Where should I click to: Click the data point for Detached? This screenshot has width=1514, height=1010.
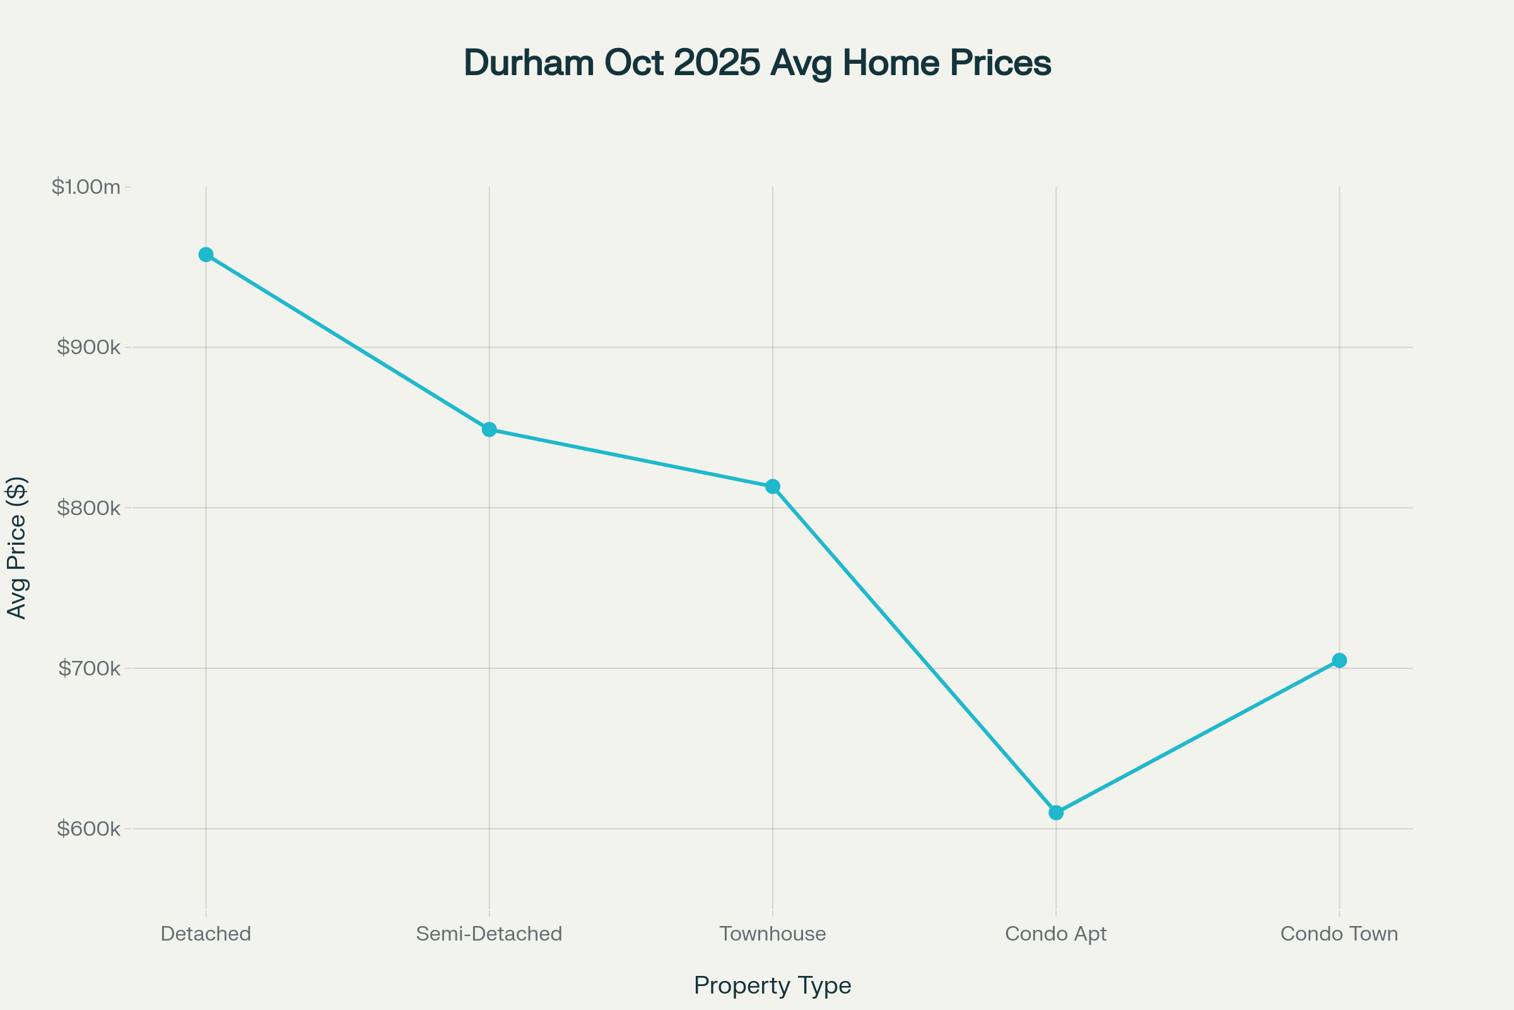click(206, 254)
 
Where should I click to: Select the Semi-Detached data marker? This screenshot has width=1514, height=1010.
click(490, 430)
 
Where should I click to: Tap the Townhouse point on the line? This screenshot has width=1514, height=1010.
click(772, 486)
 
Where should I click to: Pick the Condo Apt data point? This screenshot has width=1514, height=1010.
click(1055, 812)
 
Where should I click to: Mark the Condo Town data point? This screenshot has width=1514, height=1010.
click(1339, 660)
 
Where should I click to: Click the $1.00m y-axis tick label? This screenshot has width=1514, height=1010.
click(86, 187)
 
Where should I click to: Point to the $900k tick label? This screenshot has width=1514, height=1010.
click(89, 347)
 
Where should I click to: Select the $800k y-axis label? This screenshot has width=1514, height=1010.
click(89, 508)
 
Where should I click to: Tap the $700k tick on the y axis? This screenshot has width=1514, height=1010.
click(90, 668)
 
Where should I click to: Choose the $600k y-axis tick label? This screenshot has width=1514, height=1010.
click(89, 828)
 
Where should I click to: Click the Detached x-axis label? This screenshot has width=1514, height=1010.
click(206, 934)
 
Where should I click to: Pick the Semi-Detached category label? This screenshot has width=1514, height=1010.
click(490, 934)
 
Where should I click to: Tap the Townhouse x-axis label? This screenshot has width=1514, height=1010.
click(772, 934)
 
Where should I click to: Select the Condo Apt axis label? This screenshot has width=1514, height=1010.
click(1055, 934)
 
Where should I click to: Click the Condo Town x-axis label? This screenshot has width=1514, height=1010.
click(1339, 934)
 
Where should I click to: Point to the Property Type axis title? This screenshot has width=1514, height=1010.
click(772, 985)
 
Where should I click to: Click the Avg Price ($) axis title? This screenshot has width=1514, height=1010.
click(17, 547)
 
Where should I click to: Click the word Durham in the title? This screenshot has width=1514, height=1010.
click(529, 63)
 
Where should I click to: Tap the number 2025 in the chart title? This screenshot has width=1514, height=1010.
click(717, 63)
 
